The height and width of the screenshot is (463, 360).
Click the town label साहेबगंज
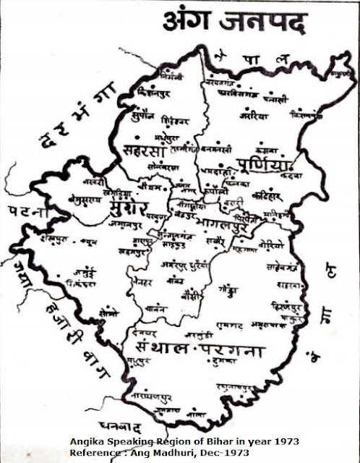click(x=278, y=266)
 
